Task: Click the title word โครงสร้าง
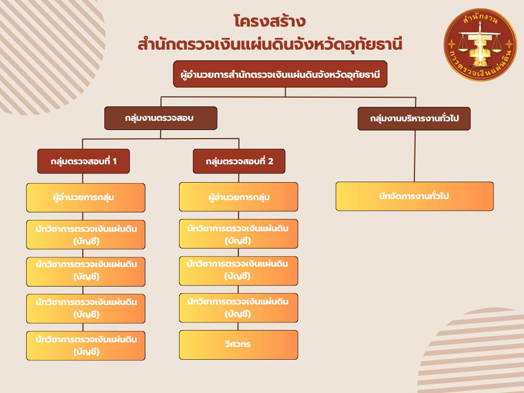[x=269, y=21]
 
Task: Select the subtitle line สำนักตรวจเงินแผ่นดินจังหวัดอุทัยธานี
[x=270, y=45]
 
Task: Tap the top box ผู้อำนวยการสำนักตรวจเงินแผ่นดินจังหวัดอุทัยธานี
[x=280, y=74]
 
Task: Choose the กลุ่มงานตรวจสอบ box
[x=161, y=118]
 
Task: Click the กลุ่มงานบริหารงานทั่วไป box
[x=414, y=119]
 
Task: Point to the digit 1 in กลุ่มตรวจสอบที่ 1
[x=115, y=161]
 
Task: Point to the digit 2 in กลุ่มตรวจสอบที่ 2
[x=271, y=161]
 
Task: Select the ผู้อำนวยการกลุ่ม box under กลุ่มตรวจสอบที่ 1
[x=85, y=198]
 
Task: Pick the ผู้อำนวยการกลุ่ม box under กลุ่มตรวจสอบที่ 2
[x=238, y=197]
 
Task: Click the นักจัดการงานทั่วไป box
[x=414, y=196]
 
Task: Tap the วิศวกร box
[x=238, y=345]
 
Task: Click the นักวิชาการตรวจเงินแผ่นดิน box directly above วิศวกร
[x=238, y=308]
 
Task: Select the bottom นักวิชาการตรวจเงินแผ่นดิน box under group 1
[x=85, y=345]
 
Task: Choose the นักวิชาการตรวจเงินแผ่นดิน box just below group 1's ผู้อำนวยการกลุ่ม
[x=85, y=234]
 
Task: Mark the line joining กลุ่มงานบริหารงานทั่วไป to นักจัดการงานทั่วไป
[x=414, y=156]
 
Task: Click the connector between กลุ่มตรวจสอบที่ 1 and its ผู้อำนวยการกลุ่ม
[x=82, y=179]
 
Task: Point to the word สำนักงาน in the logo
[x=480, y=18]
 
